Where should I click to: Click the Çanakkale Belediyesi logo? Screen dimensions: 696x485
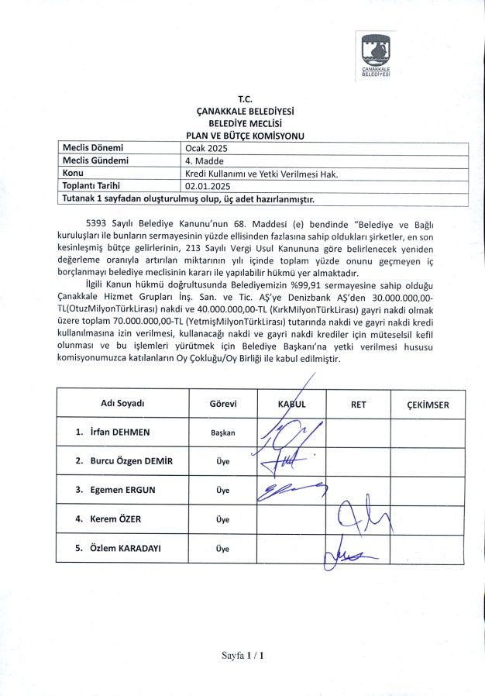(376, 55)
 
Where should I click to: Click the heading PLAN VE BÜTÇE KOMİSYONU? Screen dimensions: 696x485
(240, 136)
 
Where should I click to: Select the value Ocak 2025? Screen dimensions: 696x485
(204, 147)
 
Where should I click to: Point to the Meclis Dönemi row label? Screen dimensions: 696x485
(92, 147)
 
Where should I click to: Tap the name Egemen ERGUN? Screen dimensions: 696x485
(121, 489)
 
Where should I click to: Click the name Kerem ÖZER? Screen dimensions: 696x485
(115, 519)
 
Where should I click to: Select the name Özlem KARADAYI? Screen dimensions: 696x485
(125, 547)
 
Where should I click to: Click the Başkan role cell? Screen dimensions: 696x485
(223, 432)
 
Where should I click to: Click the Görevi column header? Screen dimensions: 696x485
(223, 404)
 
